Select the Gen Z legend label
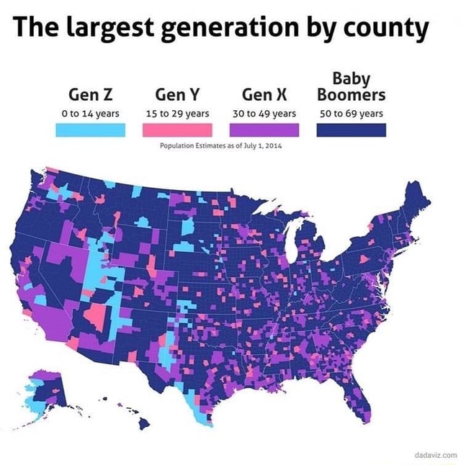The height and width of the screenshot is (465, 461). click(91, 94)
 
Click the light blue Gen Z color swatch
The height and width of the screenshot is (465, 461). click(91, 130)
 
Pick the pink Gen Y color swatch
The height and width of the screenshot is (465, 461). click(177, 130)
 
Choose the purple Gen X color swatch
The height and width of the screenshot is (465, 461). click(264, 130)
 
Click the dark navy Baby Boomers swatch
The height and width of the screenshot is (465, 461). click(351, 130)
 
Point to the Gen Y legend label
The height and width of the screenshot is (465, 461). click(177, 94)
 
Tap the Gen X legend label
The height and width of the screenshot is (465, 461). click(264, 94)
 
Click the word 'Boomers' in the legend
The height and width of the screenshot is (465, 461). click(351, 95)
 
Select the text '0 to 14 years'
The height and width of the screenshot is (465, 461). click(91, 113)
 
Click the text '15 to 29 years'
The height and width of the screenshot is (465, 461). click(177, 113)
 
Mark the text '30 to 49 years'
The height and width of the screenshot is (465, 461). click(264, 113)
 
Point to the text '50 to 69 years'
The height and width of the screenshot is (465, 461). click(351, 113)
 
